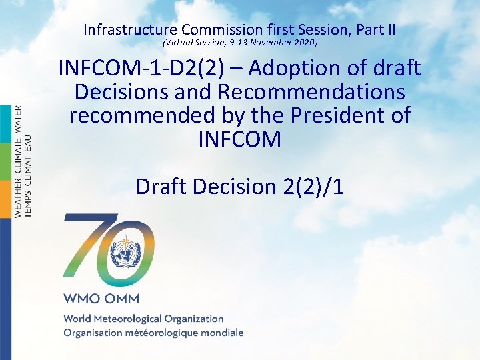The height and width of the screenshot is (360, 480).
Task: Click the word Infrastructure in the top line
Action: [x=130, y=29]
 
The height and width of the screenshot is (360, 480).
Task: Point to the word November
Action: [x=268, y=43]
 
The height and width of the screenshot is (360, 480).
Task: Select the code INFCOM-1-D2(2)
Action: [x=137, y=68]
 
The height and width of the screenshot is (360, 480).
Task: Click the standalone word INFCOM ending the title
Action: [x=239, y=139]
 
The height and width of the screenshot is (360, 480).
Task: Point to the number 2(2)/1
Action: [x=309, y=186]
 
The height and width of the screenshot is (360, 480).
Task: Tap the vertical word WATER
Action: [x=19, y=119]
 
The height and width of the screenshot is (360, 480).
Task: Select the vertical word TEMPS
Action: [x=28, y=199]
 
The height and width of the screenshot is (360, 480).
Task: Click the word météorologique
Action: [x=166, y=333]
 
